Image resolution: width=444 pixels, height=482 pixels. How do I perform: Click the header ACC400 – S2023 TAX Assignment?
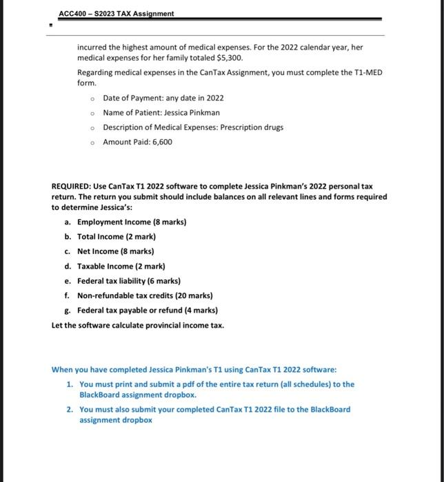click(x=117, y=14)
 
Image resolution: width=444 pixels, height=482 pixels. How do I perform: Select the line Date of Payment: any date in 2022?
click(x=163, y=98)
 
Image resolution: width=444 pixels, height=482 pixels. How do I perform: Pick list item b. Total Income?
click(x=112, y=236)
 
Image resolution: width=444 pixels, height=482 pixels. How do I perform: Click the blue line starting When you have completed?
click(x=194, y=369)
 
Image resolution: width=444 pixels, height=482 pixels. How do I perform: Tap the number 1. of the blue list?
click(x=70, y=384)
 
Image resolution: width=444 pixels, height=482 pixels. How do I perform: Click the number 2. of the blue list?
click(x=70, y=409)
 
